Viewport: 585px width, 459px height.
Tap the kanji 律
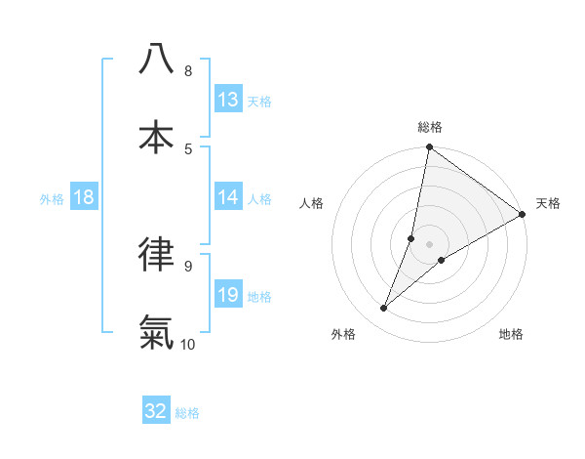point(156,253)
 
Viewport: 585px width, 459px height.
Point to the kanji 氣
point(156,331)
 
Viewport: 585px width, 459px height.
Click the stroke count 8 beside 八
point(187,70)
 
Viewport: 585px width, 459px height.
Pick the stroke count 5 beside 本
point(187,148)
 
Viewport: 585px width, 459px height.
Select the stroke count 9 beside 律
point(187,266)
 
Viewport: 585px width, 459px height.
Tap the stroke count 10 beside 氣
point(188,344)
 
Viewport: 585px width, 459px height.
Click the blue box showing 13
point(228,99)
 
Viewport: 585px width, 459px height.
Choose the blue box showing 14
point(228,197)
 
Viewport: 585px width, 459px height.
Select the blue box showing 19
point(228,295)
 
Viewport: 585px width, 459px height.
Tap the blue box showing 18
point(84,197)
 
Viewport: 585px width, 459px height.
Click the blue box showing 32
point(156,411)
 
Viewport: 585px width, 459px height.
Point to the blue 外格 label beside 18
point(52,198)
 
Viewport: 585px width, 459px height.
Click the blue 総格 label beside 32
point(187,413)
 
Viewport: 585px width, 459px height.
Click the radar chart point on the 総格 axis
point(429,148)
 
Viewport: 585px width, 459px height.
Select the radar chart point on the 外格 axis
point(383,309)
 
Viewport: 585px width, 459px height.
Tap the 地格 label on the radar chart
point(511,335)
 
